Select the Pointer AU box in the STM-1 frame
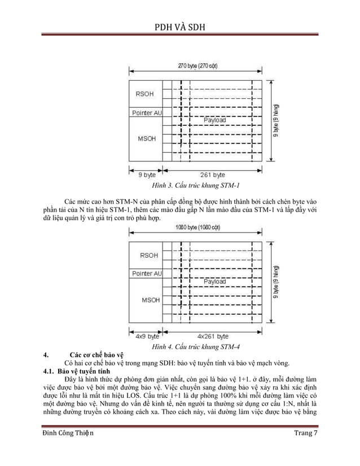point(147,113)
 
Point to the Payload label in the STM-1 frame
point(214,120)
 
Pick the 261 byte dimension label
point(213,175)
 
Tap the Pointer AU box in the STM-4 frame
point(147,274)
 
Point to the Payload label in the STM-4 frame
point(214,281)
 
